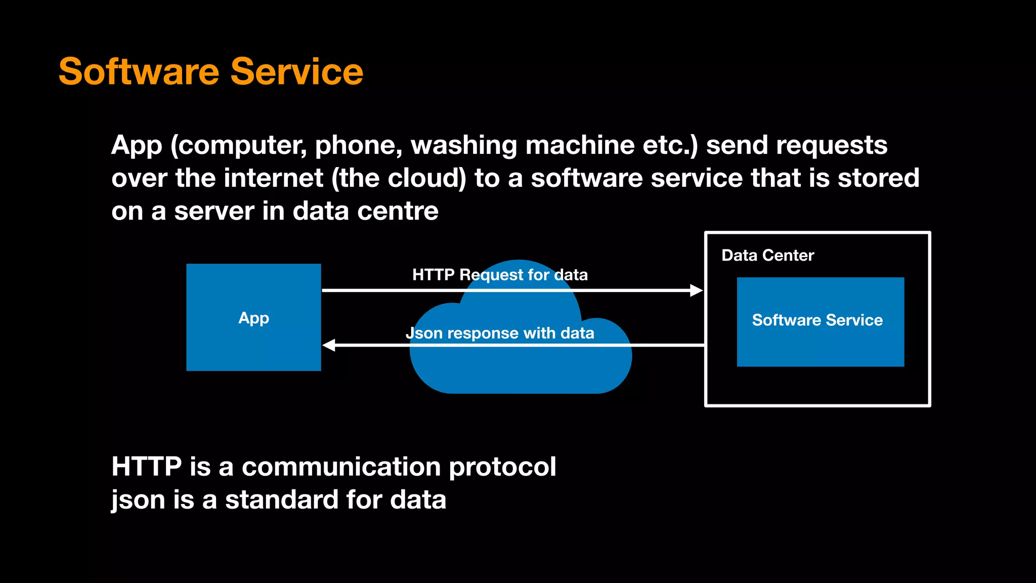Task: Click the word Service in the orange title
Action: [x=297, y=72]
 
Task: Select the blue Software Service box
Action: [x=820, y=344]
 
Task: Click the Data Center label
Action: [x=767, y=256]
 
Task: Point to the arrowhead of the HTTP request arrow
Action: [x=697, y=290]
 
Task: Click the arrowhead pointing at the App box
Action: [x=329, y=345]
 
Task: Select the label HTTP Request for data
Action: [x=500, y=275]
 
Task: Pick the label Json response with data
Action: [x=500, y=334]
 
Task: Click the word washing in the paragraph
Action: [x=464, y=146]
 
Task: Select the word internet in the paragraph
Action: [x=273, y=178]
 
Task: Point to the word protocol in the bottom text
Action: [x=502, y=467]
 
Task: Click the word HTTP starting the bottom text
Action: [x=146, y=467]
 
